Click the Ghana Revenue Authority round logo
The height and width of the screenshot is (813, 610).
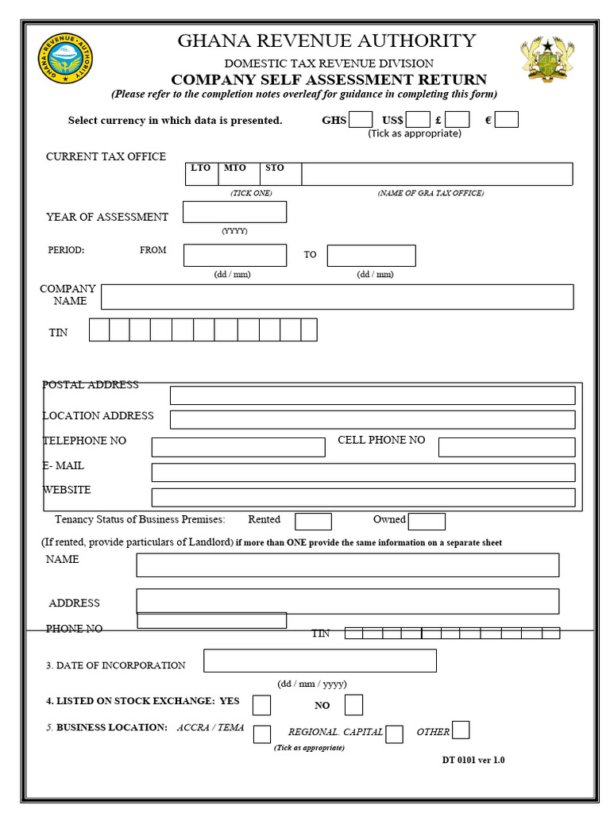click(65, 59)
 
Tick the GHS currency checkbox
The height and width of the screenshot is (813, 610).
click(361, 120)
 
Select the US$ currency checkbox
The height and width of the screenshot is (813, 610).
click(418, 120)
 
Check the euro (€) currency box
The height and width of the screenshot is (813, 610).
click(507, 120)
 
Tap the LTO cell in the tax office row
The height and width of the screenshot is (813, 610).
click(202, 174)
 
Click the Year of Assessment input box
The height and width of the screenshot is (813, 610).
click(234, 212)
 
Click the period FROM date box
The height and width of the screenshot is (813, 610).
click(234, 255)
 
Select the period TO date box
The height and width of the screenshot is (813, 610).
click(371, 256)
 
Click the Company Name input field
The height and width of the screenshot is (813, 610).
click(337, 297)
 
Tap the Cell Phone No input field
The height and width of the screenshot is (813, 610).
click(506, 447)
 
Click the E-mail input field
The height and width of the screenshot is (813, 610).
click(363, 472)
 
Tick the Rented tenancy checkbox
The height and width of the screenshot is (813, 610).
click(313, 522)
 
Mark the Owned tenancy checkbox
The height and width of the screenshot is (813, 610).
click(427, 522)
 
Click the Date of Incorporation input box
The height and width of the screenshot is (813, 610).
click(319, 661)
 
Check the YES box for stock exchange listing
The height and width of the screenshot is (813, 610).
click(261, 705)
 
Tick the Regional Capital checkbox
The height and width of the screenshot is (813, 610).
click(394, 734)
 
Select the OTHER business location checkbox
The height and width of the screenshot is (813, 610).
click(461, 730)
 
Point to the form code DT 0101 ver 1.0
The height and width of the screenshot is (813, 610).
click(473, 760)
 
